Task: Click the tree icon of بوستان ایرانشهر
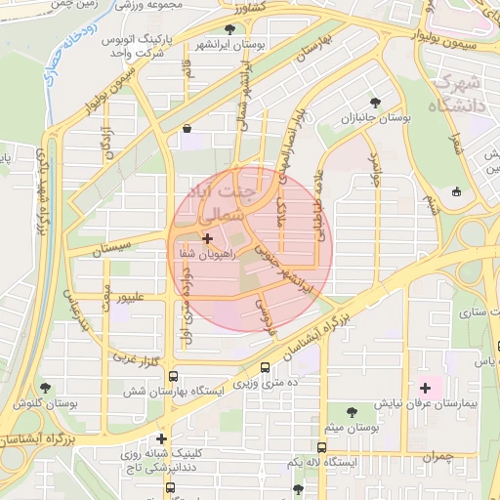(229, 29)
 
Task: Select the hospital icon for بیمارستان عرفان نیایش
(425, 388)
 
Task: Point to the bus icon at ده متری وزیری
(266, 368)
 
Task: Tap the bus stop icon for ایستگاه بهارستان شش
(173, 376)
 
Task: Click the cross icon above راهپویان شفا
(206, 237)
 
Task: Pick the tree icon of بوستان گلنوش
(45, 388)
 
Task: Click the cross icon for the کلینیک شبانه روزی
(161, 438)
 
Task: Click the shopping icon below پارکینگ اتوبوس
(187, 127)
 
